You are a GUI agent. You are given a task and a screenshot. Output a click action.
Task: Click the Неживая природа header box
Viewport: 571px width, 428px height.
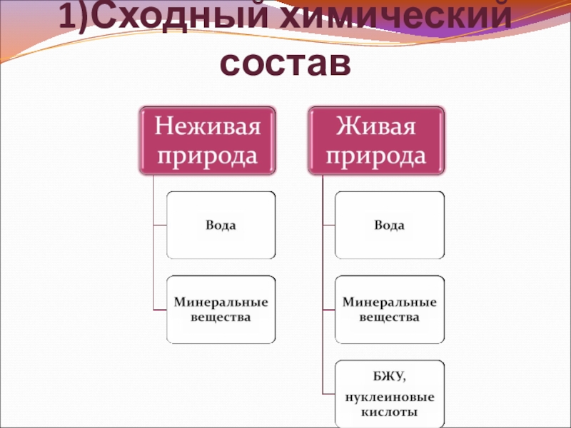pyautogui.click(x=208, y=140)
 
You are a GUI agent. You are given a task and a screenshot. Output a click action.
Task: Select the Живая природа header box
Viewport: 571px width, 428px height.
pyautogui.click(x=376, y=140)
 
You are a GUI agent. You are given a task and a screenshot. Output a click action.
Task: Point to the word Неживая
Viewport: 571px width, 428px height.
pyautogui.click(x=208, y=127)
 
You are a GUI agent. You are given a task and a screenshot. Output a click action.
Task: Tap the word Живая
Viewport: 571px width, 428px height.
pyautogui.click(x=376, y=127)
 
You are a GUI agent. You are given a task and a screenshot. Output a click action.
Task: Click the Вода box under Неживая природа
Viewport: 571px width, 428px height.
pyautogui.click(x=221, y=225)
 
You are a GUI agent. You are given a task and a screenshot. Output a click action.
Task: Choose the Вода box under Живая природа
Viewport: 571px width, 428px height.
pyautogui.click(x=390, y=225)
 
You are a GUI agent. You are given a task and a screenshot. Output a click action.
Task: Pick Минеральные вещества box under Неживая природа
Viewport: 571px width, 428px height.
pyautogui.click(x=221, y=309)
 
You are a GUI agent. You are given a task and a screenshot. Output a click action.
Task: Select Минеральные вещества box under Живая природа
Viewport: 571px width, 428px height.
pyautogui.click(x=390, y=309)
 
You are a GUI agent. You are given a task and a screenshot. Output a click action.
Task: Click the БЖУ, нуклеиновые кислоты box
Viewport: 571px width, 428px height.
pyautogui.click(x=390, y=392)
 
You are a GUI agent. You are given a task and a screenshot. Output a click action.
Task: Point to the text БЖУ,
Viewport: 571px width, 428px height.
pyautogui.click(x=390, y=375)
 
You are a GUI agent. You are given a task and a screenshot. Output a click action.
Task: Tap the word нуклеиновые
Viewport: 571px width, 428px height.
pyautogui.click(x=390, y=397)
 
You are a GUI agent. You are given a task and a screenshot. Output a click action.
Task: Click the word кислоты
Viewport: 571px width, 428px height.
pyautogui.click(x=390, y=412)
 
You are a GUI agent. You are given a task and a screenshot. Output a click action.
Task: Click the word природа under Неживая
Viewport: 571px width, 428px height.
pyautogui.click(x=208, y=154)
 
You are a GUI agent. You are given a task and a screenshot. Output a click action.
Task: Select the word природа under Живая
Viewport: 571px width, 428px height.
pyautogui.click(x=376, y=154)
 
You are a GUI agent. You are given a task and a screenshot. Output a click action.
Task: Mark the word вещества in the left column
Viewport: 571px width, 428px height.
pyautogui.click(x=221, y=316)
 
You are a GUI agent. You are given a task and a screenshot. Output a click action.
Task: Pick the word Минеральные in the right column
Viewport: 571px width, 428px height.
pyautogui.click(x=390, y=302)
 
